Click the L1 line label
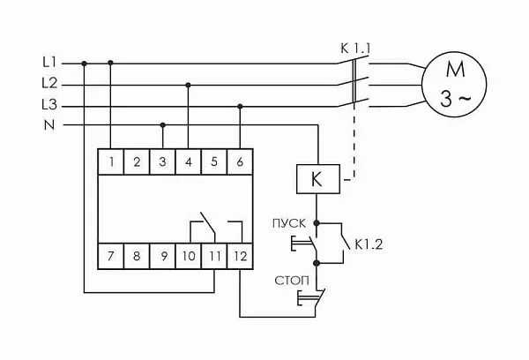click(x=48, y=63)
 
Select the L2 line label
click(x=48, y=84)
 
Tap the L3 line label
click(x=48, y=105)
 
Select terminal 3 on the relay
click(x=163, y=161)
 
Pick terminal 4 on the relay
click(x=189, y=161)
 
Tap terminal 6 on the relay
click(x=241, y=161)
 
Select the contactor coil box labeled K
click(x=317, y=180)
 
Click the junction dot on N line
click(x=163, y=124)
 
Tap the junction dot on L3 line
click(x=241, y=105)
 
